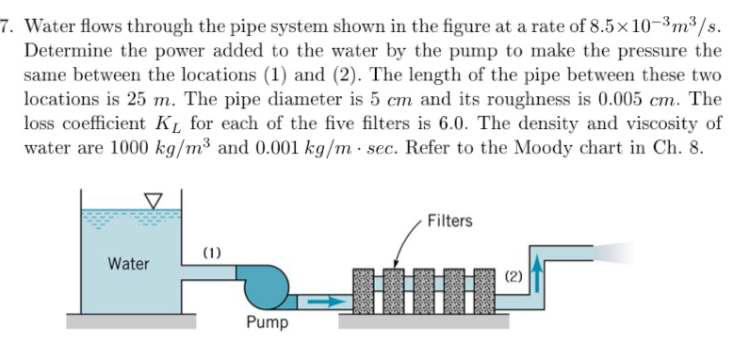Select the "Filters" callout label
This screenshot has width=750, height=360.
pyautogui.click(x=448, y=221)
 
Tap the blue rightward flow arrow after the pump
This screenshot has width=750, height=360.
pyautogui.click(x=322, y=303)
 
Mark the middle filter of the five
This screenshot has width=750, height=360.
pyautogui.click(x=425, y=287)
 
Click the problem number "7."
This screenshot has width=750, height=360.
pyautogui.click(x=8, y=27)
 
